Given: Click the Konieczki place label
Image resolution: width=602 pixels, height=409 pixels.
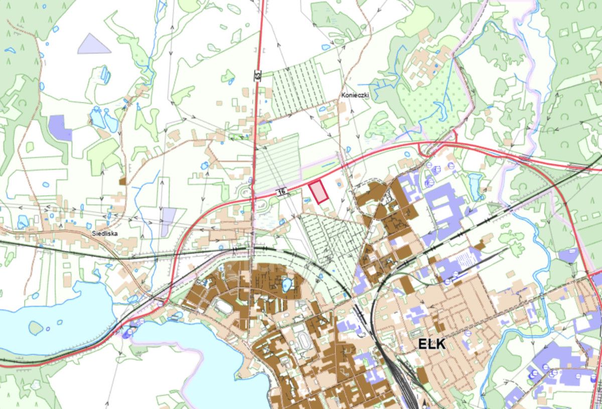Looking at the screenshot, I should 355,94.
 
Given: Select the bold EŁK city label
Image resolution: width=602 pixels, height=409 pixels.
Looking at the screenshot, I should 431,343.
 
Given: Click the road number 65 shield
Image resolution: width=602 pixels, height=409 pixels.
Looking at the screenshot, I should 257,76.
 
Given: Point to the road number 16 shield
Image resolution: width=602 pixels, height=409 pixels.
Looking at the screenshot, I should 281,192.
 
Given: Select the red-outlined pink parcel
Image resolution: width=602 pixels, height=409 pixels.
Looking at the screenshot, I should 318,191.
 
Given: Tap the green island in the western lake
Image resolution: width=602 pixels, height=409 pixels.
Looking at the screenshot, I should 35,328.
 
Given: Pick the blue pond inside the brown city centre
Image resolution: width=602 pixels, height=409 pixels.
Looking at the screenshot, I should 286,285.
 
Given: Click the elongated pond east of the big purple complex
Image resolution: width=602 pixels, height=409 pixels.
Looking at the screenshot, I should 474,184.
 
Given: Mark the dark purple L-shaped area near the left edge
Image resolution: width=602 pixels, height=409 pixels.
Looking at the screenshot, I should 60,127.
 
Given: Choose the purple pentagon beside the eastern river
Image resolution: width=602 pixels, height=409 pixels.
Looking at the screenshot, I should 568,255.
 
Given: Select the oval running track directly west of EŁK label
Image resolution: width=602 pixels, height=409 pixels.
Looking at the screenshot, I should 303,341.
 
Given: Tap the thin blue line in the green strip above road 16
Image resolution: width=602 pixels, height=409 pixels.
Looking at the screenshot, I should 330,164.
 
